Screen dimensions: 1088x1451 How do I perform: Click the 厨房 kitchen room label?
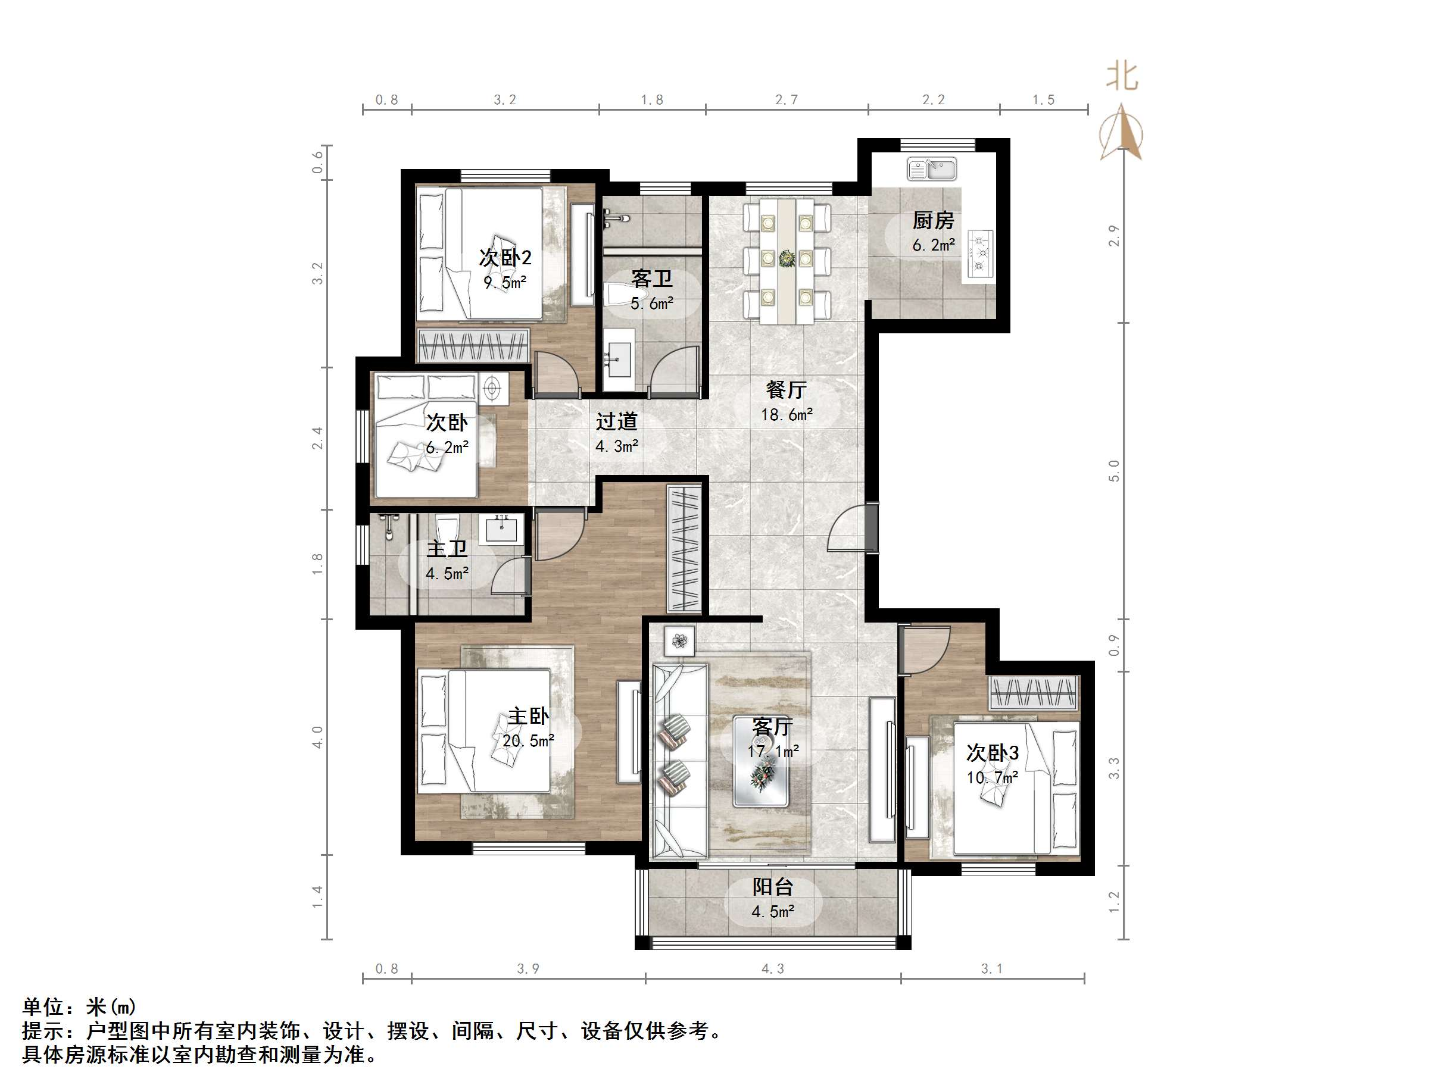pyautogui.click(x=933, y=220)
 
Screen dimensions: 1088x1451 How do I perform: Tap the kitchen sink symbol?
pyautogui.click(x=931, y=169)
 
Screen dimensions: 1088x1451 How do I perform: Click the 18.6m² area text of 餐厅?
pyautogui.click(x=787, y=414)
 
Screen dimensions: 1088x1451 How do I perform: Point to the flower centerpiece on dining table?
pyautogui.click(x=786, y=259)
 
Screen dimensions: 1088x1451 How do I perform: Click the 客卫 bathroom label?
pyautogui.click(x=651, y=279)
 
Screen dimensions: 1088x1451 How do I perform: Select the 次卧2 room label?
pyautogui.click(x=504, y=257)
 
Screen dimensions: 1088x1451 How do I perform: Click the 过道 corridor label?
pyautogui.click(x=616, y=421)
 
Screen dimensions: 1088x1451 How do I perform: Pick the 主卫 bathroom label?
pyautogui.click(x=447, y=549)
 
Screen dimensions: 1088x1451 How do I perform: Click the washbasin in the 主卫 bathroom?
pyautogui.click(x=503, y=529)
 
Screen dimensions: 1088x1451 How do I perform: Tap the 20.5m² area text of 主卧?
pyautogui.click(x=528, y=740)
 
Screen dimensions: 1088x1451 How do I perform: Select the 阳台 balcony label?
pyautogui.click(x=773, y=887)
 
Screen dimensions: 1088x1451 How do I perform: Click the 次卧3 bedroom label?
pyautogui.click(x=992, y=752)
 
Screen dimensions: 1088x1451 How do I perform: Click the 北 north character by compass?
pyautogui.click(x=1122, y=77)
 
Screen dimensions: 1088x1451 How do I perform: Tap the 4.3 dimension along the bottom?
pyautogui.click(x=772, y=968)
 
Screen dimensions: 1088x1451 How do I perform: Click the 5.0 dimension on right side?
pyautogui.click(x=1114, y=470)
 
